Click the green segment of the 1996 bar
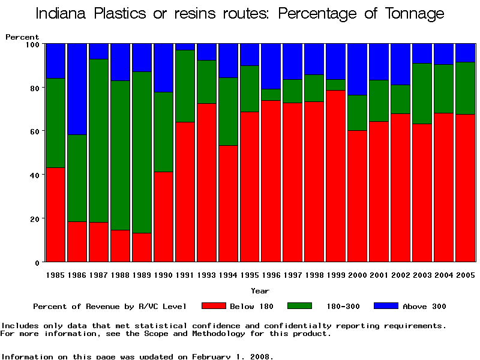tap(272, 95)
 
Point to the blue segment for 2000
tap(358, 69)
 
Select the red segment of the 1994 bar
tap(229, 203)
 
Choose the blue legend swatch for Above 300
tap(386, 306)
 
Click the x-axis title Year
tap(260, 291)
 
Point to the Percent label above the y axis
tap(22, 37)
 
